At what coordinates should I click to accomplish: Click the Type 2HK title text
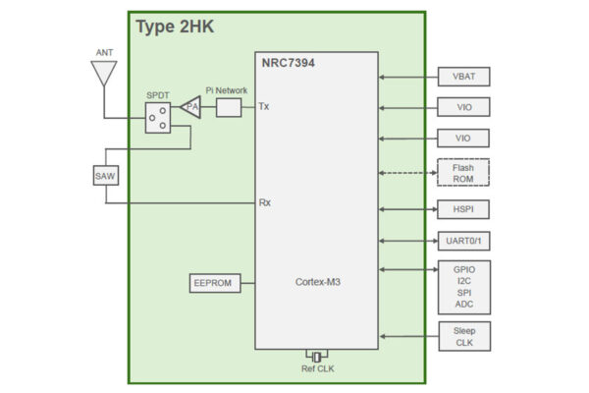click(175, 27)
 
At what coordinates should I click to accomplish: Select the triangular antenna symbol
click(104, 73)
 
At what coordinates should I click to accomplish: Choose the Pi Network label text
click(227, 87)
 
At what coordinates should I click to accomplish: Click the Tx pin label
click(263, 106)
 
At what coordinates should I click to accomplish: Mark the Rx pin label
click(264, 203)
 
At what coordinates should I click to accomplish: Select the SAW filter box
click(105, 176)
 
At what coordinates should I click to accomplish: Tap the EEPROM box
click(214, 284)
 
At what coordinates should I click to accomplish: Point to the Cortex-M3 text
click(318, 283)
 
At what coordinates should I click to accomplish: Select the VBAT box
click(463, 76)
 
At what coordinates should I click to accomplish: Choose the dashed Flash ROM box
click(463, 174)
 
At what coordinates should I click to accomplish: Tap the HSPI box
click(463, 208)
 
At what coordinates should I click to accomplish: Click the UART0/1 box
click(463, 241)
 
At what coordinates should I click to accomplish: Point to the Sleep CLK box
click(463, 336)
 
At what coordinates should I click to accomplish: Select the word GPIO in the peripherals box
click(463, 269)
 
